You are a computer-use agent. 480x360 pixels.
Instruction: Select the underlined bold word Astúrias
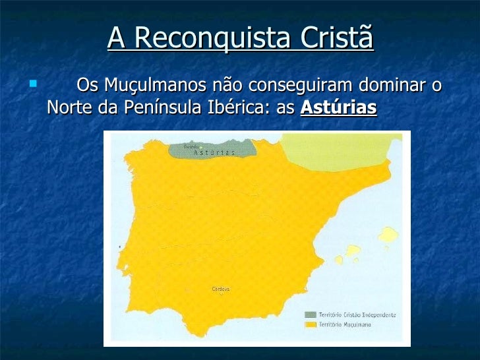coord(338,108)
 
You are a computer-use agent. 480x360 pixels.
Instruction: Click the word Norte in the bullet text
coord(70,108)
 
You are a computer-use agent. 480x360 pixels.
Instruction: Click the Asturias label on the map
coord(215,152)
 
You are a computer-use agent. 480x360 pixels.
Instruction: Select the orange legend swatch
coord(310,324)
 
